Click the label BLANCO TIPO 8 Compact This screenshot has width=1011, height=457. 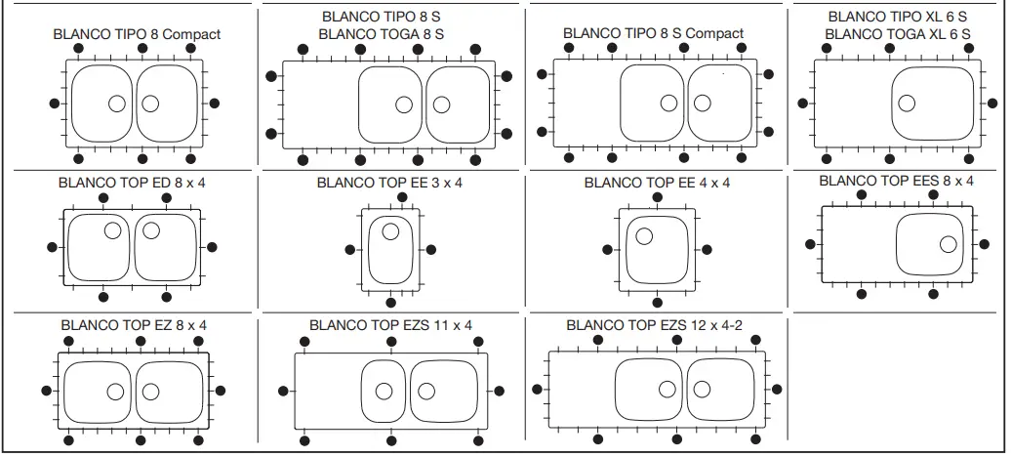coord(137,34)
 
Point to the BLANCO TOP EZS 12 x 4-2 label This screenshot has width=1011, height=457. coord(655,325)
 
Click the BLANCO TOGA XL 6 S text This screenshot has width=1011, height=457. coord(898,34)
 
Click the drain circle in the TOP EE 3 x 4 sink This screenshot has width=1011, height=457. coord(390,231)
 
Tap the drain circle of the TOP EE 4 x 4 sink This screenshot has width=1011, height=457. coord(644,235)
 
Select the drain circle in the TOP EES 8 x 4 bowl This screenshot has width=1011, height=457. coord(947,243)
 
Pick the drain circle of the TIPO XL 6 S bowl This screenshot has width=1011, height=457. coord(907,103)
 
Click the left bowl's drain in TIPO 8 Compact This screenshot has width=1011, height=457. coord(116,104)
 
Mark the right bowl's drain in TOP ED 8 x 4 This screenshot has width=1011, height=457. coord(150,230)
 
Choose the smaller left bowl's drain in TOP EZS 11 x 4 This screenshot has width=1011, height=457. coord(384,391)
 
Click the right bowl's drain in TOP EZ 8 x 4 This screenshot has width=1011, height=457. coord(150,392)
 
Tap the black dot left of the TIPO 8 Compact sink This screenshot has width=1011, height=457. coord(53,103)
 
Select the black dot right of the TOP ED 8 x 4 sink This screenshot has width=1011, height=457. coord(213,246)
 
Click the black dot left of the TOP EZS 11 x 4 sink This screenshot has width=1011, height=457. coord(283,391)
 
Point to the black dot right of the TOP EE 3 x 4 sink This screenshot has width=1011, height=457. coord(431,249)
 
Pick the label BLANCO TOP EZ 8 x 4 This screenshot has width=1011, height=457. coord(134,325)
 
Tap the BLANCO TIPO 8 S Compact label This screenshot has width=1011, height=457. coord(653,33)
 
